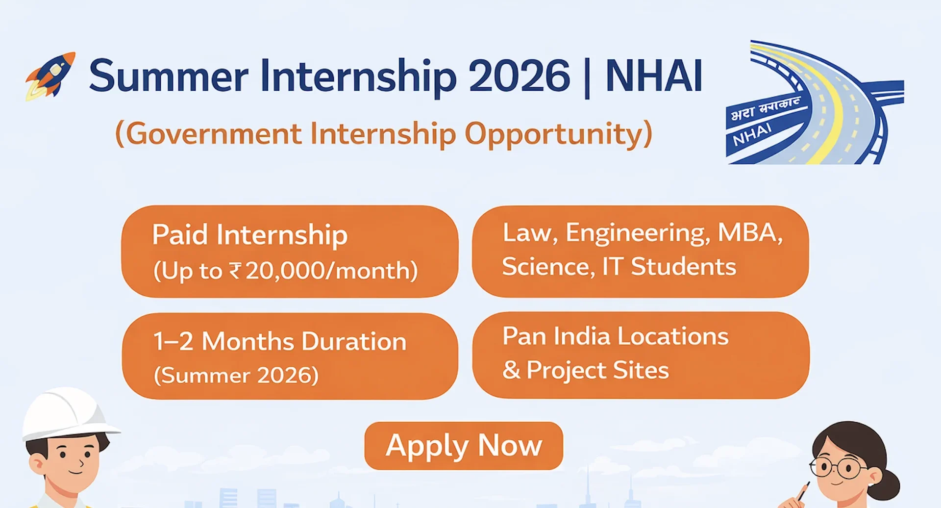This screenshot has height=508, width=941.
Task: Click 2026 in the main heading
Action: pyautogui.click(x=519, y=76)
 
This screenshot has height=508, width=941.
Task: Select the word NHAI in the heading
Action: pyautogui.click(x=654, y=76)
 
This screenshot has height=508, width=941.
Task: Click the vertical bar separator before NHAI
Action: pyautogui.click(x=587, y=77)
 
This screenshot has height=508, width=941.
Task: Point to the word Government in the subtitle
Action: pyautogui.click(x=214, y=134)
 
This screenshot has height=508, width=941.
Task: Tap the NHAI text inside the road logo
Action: pyautogui.click(x=752, y=135)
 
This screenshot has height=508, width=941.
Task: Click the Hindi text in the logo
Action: pyautogui.click(x=765, y=109)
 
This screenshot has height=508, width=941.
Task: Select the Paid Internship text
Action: pyautogui.click(x=250, y=235)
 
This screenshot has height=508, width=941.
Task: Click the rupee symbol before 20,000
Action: pyautogui.click(x=235, y=271)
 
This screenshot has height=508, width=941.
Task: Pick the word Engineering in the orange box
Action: pyautogui.click(x=637, y=233)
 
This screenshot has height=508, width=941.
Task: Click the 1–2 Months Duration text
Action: pyautogui.click(x=280, y=341)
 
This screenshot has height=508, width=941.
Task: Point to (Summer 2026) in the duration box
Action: pyautogui.click(x=236, y=376)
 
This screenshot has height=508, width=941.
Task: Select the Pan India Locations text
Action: pyautogui.click(x=616, y=336)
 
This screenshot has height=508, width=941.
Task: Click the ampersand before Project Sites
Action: pyautogui.click(x=511, y=370)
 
